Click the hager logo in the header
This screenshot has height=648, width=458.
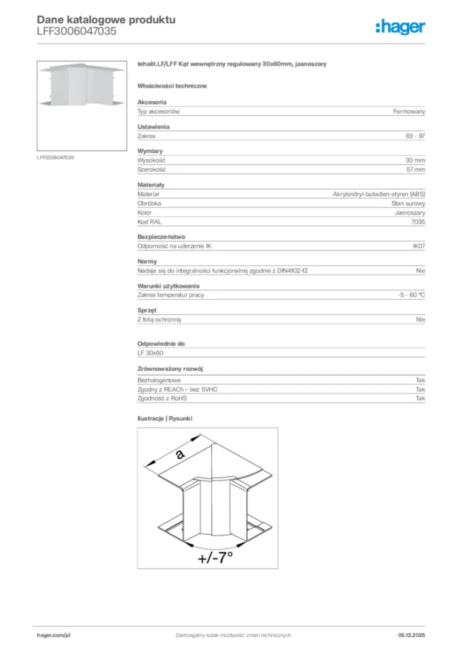tap(400, 26)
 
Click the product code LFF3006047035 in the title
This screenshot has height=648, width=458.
tap(76, 31)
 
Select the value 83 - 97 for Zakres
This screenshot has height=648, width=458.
tap(415, 136)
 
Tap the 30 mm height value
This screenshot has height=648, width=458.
tap(415, 161)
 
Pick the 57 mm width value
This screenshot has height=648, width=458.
tap(415, 170)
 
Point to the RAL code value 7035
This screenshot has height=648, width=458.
tap(418, 222)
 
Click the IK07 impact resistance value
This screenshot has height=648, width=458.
tap(418, 246)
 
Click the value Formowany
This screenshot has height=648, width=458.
tap(409, 111)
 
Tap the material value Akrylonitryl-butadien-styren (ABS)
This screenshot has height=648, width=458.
tap(379, 194)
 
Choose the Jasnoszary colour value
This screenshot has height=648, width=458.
tap(410, 213)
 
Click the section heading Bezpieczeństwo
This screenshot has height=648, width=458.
tap(161, 237)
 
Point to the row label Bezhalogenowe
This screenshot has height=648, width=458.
tap(159, 380)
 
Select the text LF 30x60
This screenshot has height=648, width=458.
tap(151, 352)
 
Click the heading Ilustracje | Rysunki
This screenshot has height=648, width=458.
tap(164, 419)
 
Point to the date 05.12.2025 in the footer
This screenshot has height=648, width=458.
tap(412, 635)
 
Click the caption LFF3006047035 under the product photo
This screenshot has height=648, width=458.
tap(55, 157)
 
